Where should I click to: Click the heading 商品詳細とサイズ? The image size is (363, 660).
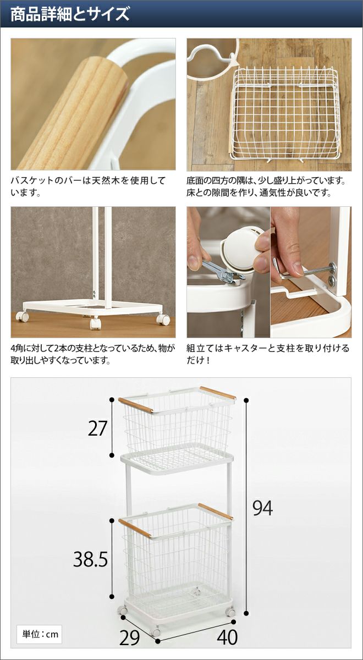click(70, 14)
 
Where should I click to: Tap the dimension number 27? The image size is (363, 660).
click(97, 428)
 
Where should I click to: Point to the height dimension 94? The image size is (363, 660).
click(262, 508)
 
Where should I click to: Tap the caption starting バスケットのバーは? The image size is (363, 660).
click(89, 186)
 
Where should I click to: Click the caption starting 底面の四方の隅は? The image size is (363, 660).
click(266, 186)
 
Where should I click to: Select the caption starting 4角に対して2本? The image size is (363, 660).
click(93, 354)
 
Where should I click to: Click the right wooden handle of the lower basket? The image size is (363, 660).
click(216, 512)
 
